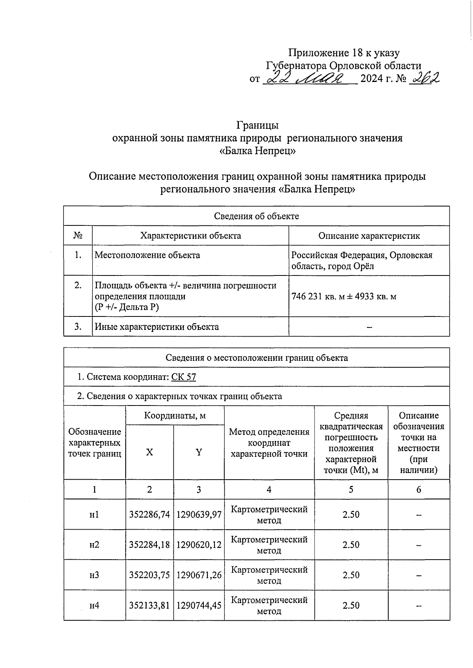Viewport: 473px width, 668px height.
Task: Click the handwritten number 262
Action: tap(425, 78)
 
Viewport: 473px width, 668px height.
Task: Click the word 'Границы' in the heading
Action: tap(257, 125)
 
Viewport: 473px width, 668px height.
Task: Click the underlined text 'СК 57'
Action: tap(184, 377)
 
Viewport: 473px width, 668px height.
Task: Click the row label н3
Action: tap(94, 575)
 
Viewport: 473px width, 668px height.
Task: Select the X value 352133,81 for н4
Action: tap(149, 605)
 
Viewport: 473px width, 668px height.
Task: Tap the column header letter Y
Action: tap(199, 452)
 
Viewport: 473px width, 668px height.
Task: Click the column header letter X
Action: tap(149, 452)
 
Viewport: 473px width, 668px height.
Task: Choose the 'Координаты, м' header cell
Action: tap(175, 415)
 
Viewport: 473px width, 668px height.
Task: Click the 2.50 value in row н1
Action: tap(351, 515)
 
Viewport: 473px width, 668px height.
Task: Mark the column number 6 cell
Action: tap(419, 489)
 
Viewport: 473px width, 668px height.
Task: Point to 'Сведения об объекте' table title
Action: tap(256, 216)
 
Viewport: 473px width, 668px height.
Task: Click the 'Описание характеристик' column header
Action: tap(369, 236)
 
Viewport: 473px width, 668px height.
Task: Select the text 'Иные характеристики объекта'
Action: tap(157, 327)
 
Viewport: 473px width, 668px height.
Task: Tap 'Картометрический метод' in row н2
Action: tap(269, 545)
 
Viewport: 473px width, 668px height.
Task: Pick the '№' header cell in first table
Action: tap(78, 236)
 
